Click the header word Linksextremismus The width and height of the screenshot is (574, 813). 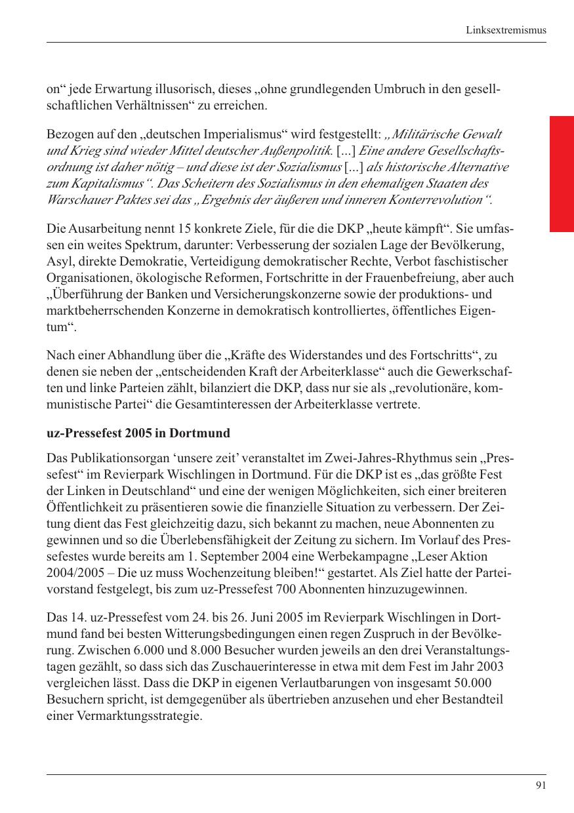[x=506, y=30]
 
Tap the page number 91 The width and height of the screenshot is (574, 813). [x=541, y=785]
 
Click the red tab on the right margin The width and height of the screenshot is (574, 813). [x=562, y=174]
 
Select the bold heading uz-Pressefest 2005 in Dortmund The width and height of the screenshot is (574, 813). [x=138, y=433]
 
